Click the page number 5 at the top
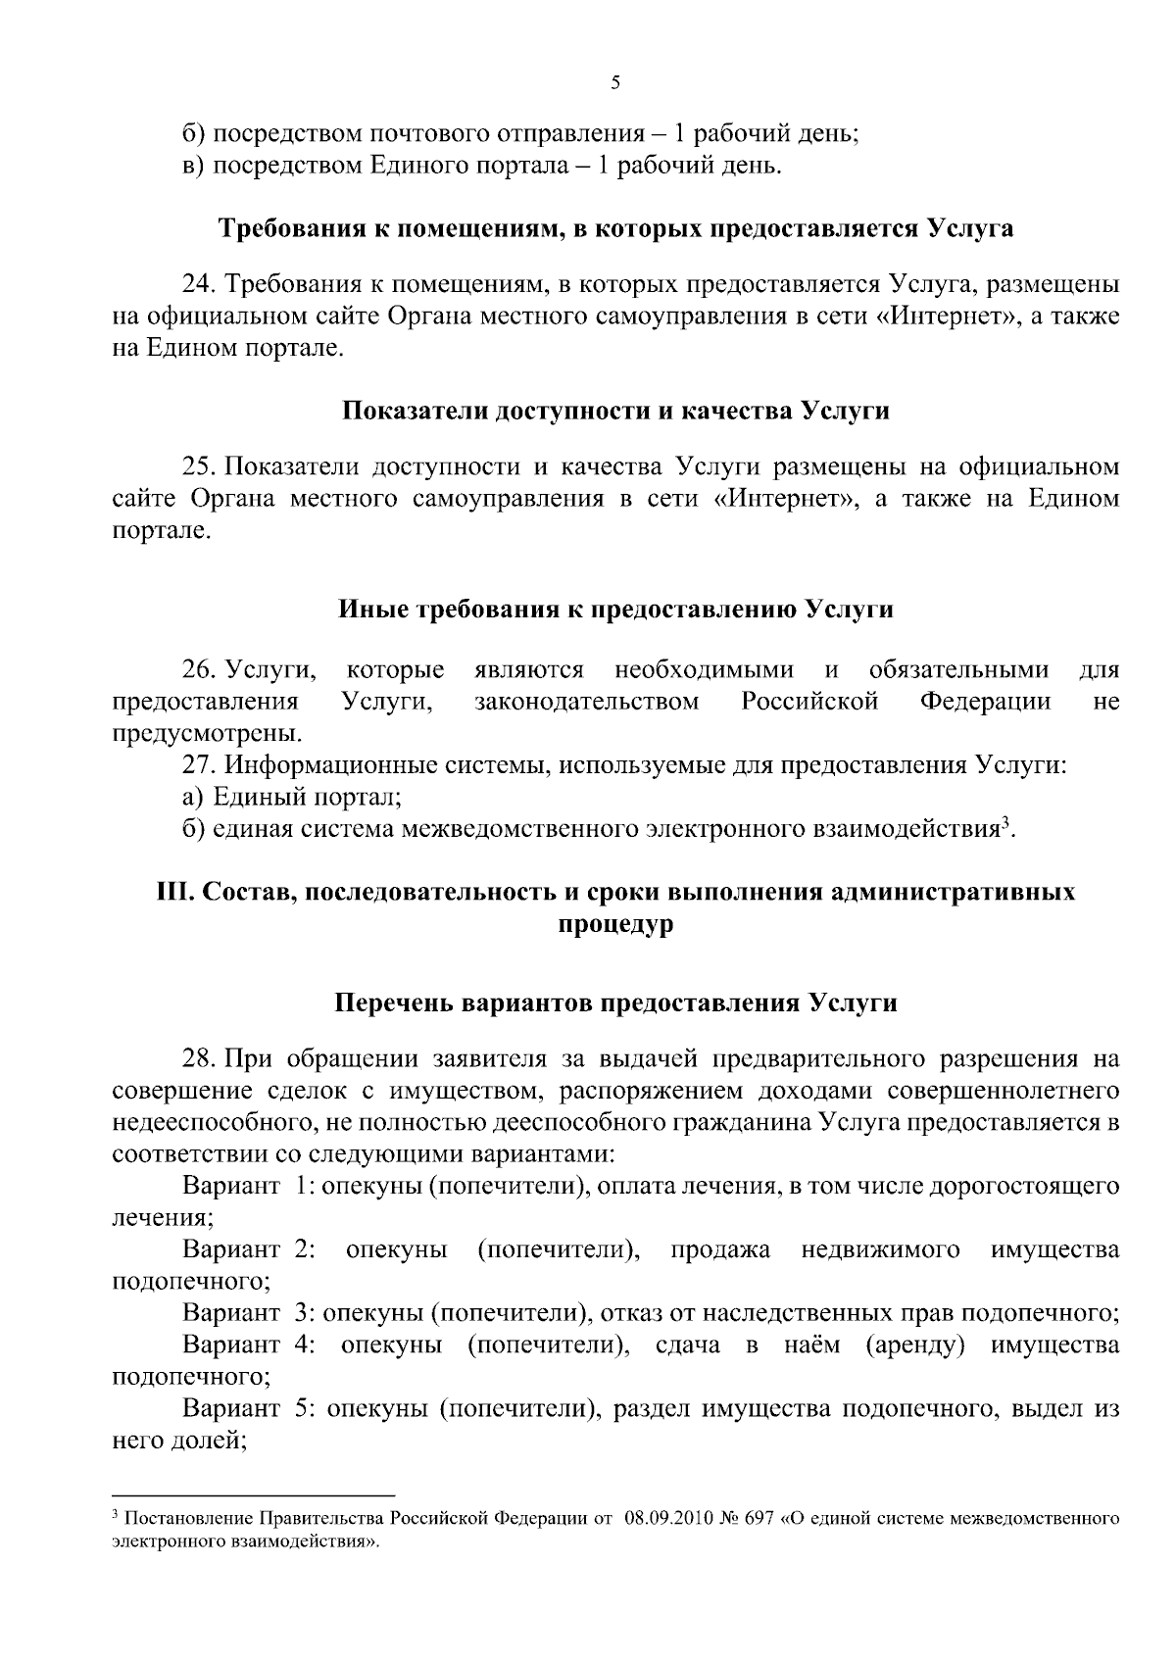point(615,83)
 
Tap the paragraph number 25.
point(198,466)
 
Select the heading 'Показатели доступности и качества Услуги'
point(615,412)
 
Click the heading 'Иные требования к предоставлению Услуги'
point(615,610)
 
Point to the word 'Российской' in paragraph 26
point(809,702)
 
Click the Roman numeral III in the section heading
point(173,892)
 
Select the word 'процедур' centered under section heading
point(615,924)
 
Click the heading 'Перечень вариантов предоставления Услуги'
point(615,1003)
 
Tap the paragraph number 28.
point(198,1059)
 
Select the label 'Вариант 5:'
point(249,1408)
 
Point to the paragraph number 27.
point(198,765)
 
